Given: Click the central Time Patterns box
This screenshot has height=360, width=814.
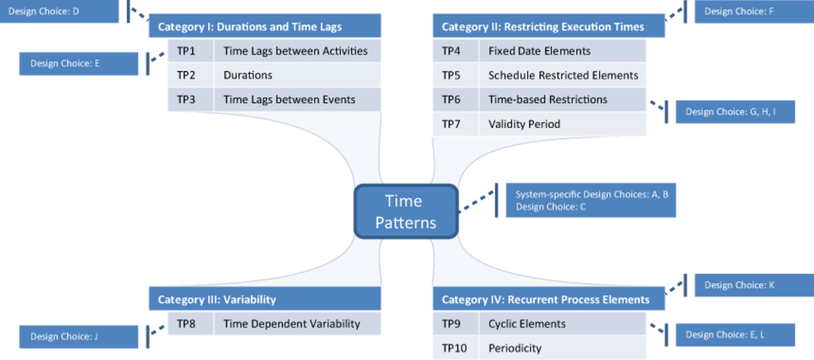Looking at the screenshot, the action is (x=406, y=212).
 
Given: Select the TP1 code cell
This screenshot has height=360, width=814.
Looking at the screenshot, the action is (x=191, y=51).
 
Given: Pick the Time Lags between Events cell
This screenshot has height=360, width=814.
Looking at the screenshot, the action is (x=298, y=100).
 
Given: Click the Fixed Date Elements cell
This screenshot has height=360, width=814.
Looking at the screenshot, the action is (x=562, y=51).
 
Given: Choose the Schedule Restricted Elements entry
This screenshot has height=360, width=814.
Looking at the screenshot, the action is (x=562, y=75).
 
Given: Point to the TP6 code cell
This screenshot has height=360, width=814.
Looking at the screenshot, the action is (x=455, y=100).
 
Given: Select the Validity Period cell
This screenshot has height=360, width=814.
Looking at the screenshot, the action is (x=562, y=124).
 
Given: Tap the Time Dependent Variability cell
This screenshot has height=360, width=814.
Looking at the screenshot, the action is (x=298, y=323).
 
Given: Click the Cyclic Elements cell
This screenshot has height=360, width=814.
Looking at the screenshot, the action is (x=562, y=323).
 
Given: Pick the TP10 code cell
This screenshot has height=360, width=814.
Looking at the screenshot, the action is (x=455, y=348).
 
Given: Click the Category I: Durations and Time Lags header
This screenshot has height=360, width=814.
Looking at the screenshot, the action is (x=265, y=26).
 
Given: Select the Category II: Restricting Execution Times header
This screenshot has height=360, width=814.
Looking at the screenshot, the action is (x=549, y=26).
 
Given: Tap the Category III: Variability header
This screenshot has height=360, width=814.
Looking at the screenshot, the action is (x=265, y=298).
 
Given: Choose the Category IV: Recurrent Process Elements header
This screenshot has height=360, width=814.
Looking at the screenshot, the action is (x=549, y=298).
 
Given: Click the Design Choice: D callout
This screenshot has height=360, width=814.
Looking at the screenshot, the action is (x=59, y=12).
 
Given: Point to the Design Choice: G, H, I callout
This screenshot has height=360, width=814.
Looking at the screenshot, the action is (x=735, y=112).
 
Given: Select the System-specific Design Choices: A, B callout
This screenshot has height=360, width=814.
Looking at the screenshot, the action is (x=591, y=200).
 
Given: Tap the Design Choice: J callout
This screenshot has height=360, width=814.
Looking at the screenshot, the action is (x=79, y=337).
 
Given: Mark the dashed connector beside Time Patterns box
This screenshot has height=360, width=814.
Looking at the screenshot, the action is (x=476, y=201).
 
